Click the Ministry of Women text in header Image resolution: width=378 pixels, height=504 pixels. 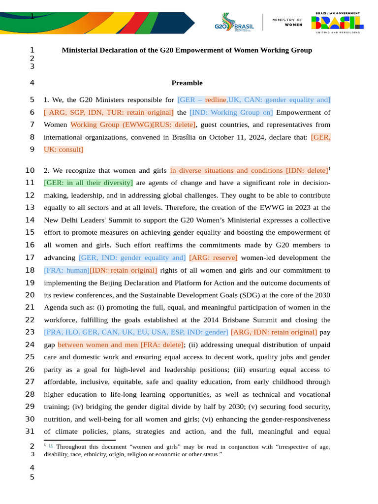[x=287, y=22]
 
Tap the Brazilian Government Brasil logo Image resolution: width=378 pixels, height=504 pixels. [x=337, y=23]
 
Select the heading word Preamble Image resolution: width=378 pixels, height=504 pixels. [x=187, y=83]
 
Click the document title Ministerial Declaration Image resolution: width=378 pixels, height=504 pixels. [x=187, y=50]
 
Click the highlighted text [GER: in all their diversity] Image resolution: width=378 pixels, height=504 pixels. [x=89, y=183]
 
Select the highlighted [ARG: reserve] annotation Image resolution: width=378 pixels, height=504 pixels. [x=213, y=257]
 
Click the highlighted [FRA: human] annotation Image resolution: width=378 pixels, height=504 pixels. [x=66, y=270]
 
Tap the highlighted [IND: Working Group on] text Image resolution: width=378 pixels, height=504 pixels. [x=231, y=112]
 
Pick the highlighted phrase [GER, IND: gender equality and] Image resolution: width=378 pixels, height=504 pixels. [x=132, y=257]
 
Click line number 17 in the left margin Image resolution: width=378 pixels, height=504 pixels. [x=30, y=257]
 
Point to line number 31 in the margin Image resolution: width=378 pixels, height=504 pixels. [x=30, y=432]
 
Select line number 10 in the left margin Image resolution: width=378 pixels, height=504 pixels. [x=30, y=170]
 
